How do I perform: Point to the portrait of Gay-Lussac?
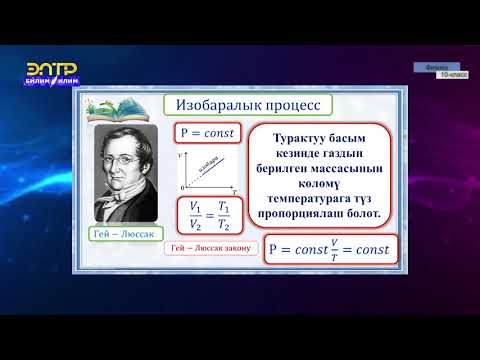coord(125,172)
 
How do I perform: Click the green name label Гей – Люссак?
coord(124,233)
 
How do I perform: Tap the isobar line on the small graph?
coord(208,169)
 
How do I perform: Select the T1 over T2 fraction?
coord(226,215)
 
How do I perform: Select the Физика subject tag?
coord(434,68)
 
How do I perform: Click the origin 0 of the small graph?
coord(182,187)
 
